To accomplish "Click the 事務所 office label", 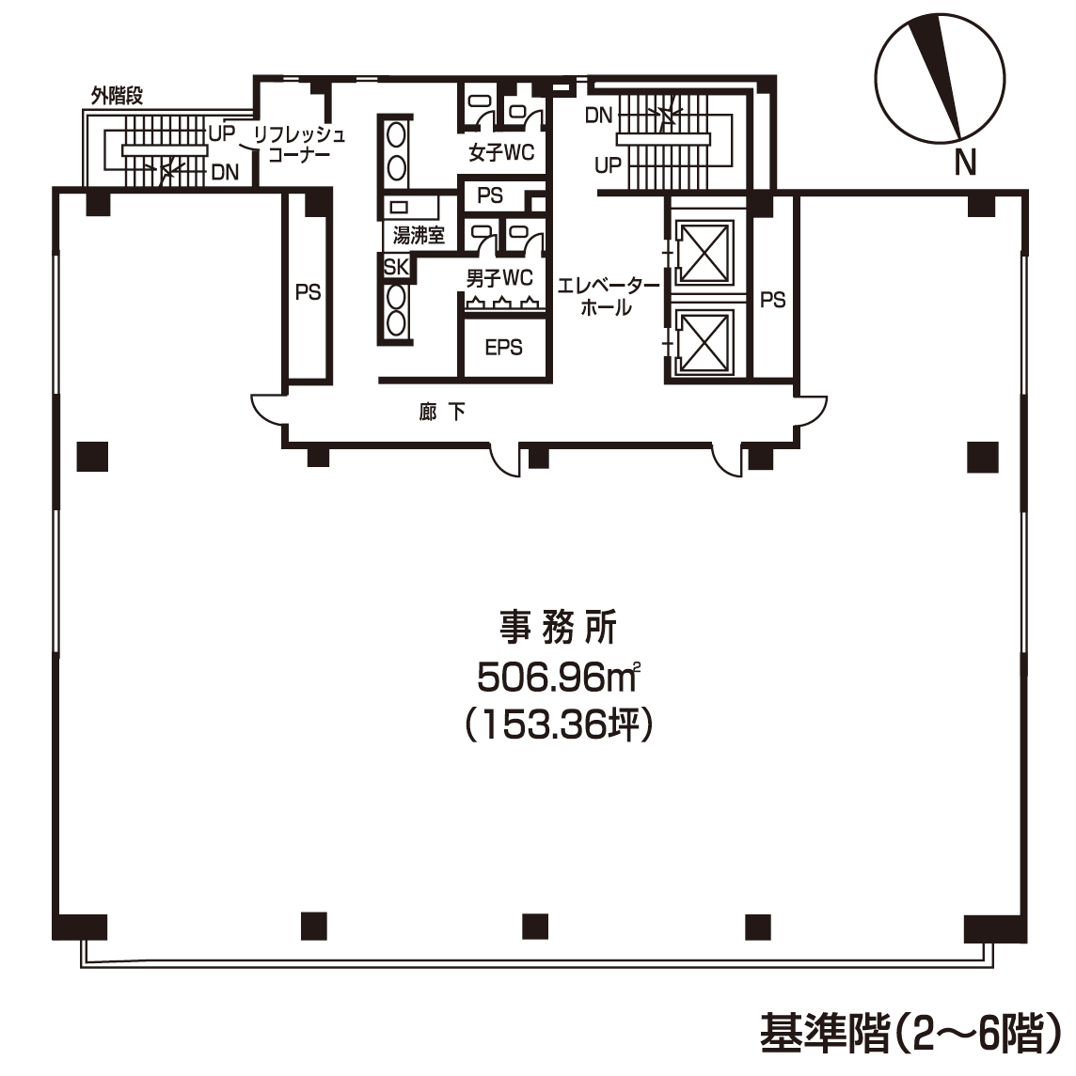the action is click(x=558, y=627).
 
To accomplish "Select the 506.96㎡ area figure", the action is click(x=559, y=678).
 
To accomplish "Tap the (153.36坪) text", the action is click(x=559, y=725).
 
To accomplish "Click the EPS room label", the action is click(x=504, y=347).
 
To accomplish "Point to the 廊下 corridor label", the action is click(x=442, y=412).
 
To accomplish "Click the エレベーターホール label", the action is click(x=607, y=296).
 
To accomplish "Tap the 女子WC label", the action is click(x=501, y=152).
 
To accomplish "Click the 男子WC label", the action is click(x=499, y=278).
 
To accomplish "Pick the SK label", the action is click(x=396, y=267).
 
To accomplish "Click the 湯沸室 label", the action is click(x=419, y=235).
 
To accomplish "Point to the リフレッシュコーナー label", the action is click(x=299, y=144).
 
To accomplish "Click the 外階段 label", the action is click(x=117, y=96).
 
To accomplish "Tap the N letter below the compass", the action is click(x=965, y=163).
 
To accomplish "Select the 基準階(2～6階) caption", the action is click(x=910, y=1033).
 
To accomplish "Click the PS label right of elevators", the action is click(x=772, y=300).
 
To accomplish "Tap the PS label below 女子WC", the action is click(x=490, y=195).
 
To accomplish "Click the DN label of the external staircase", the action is click(x=225, y=172).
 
